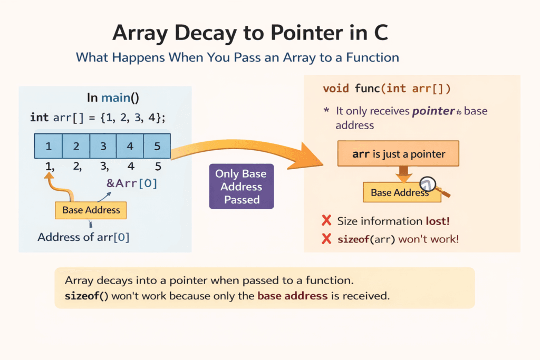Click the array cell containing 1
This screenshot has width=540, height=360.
click(x=49, y=147)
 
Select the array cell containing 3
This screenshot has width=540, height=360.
click(x=103, y=147)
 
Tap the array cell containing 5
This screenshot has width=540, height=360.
click(x=157, y=147)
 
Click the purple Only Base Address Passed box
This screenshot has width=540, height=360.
click(x=242, y=187)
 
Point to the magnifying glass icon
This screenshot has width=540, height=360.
click(x=429, y=184)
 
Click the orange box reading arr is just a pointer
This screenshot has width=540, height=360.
click(x=398, y=154)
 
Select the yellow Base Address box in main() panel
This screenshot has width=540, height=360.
click(x=91, y=210)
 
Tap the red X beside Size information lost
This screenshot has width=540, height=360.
click(x=326, y=221)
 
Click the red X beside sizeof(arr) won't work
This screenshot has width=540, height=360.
click(x=326, y=239)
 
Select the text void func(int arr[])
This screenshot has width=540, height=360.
click(x=387, y=89)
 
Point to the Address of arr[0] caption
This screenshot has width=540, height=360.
click(x=83, y=237)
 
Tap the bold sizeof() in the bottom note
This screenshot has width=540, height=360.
click(x=86, y=295)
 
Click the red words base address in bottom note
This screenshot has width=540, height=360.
click(x=292, y=295)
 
